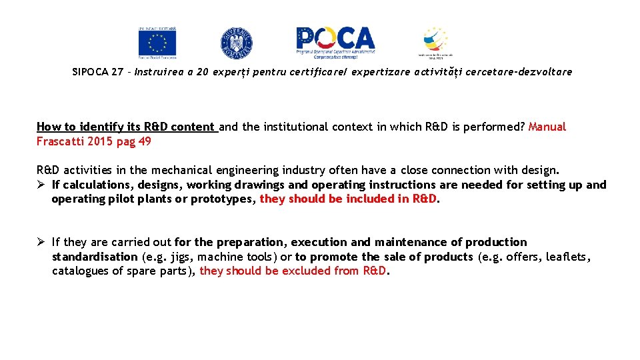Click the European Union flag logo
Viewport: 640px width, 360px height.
(x=157, y=43)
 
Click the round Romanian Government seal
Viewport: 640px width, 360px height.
(x=237, y=43)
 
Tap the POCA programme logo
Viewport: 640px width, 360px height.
(x=335, y=42)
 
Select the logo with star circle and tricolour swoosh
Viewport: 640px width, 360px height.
(x=435, y=42)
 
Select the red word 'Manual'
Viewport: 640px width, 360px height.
(x=547, y=127)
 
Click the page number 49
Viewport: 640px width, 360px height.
(x=145, y=141)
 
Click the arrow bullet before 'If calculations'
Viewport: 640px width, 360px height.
(x=41, y=185)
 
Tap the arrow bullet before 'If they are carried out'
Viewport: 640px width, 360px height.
(x=41, y=242)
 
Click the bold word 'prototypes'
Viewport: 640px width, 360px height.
(x=226, y=199)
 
